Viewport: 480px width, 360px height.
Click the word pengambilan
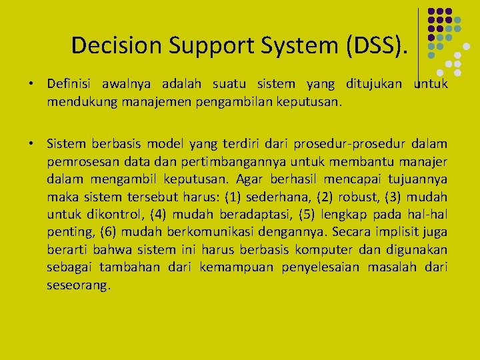click(237, 103)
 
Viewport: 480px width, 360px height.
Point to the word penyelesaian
click(326, 267)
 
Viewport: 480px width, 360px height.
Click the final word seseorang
click(79, 285)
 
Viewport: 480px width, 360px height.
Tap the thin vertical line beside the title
click(419, 43)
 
